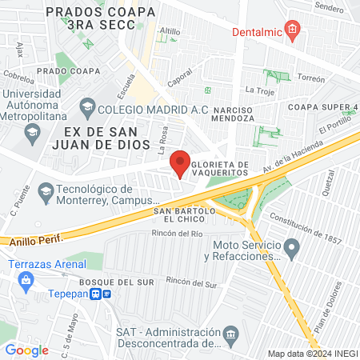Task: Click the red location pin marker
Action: (180, 163)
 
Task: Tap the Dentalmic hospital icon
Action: (293, 33)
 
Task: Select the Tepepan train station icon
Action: (96, 294)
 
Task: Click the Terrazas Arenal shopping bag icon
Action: (26, 279)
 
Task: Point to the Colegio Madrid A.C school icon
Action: (86, 108)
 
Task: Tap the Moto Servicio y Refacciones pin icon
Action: (292, 250)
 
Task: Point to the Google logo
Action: (26, 350)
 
